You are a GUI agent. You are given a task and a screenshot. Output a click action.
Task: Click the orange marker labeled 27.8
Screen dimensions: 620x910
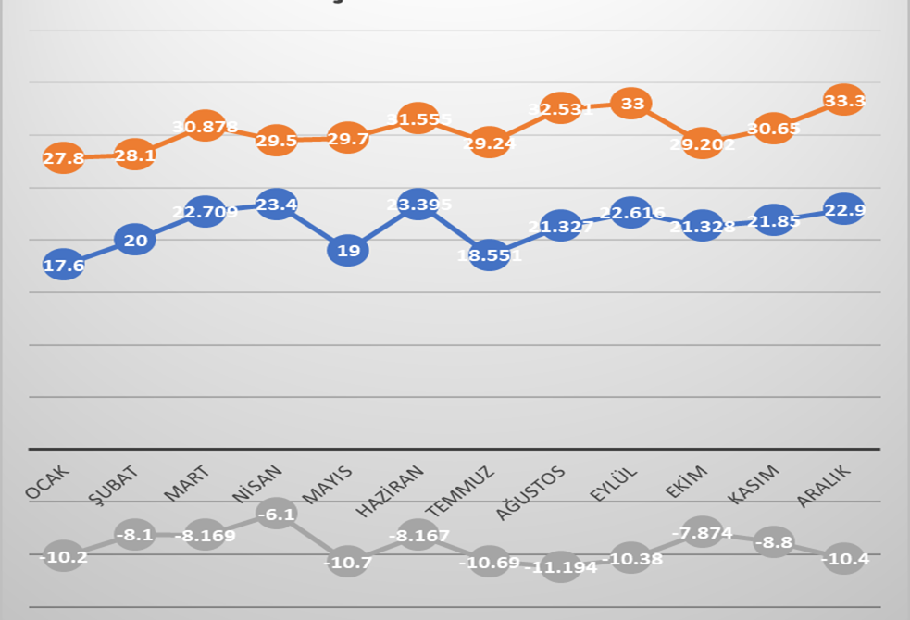tap(63, 158)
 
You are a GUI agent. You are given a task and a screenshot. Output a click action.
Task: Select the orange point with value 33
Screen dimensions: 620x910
tap(632, 104)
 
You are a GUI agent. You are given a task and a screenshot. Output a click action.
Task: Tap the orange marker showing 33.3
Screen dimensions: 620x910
tap(844, 100)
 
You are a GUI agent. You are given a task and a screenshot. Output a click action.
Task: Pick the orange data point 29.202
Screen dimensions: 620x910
tap(703, 143)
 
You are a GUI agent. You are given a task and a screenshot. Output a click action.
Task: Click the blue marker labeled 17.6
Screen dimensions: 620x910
tap(63, 266)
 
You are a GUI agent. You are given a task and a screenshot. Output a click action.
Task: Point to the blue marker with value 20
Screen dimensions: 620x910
tap(135, 241)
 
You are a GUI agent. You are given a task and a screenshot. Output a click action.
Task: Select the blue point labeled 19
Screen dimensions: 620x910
tap(348, 250)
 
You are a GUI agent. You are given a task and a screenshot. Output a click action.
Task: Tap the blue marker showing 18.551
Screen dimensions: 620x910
tap(490, 254)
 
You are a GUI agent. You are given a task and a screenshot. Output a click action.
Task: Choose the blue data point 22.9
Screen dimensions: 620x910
tap(844, 210)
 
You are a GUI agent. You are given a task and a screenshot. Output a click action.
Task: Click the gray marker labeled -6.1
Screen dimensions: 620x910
tap(277, 514)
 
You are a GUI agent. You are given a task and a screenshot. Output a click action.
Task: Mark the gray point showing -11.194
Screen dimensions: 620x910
tap(561, 566)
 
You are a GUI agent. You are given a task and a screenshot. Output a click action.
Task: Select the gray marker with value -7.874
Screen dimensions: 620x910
tap(703, 532)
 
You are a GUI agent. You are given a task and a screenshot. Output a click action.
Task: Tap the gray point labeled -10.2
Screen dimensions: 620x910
tap(63, 556)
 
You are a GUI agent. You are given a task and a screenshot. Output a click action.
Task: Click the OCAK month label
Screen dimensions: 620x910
tap(47, 482)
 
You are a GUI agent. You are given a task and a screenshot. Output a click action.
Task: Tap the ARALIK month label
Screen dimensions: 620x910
tap(824, 485)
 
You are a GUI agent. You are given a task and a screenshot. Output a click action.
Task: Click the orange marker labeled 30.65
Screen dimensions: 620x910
tap(773, 129)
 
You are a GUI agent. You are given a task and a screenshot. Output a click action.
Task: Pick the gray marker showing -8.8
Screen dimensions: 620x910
tap(773, 541)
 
